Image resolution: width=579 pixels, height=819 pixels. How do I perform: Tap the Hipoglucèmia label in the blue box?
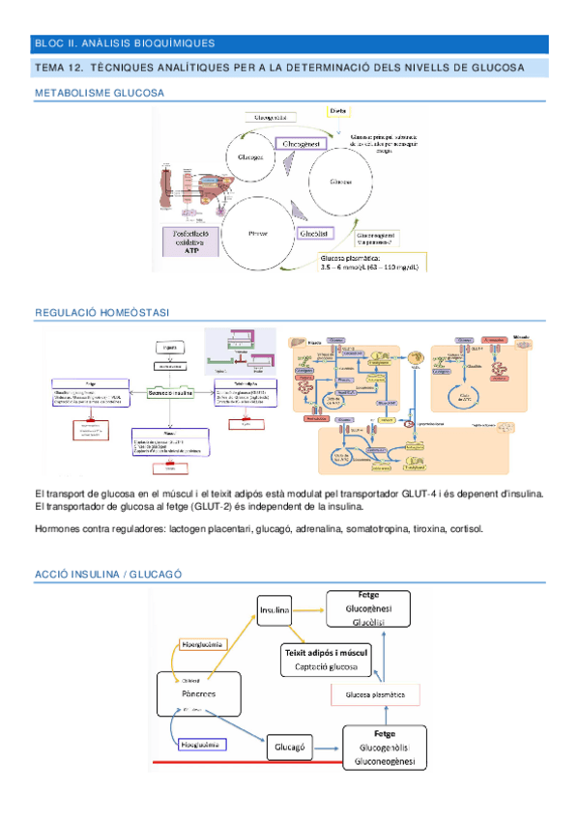click(203, 746)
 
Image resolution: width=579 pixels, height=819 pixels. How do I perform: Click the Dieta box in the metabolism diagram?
click(338, 112)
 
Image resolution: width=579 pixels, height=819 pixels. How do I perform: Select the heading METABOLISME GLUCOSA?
click(99, 93)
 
